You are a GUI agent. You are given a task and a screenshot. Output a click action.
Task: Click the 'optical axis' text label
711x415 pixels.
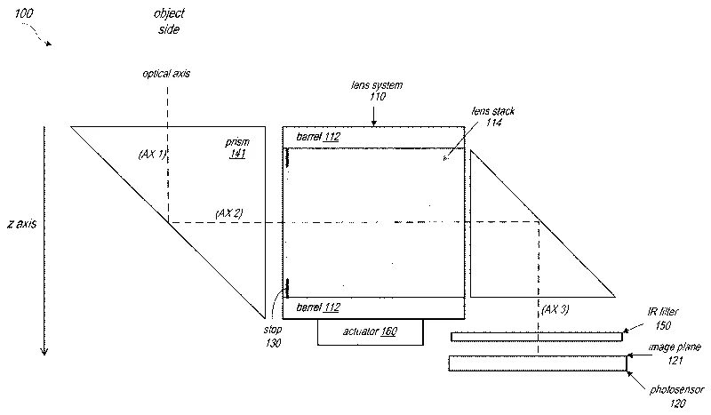pos(166,74)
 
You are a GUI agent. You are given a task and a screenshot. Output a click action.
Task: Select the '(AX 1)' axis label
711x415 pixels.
pos(153,154)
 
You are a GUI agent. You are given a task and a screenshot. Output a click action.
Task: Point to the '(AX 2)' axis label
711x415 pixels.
pos(229,213)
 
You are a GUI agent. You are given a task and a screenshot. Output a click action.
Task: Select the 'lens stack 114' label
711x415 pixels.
pos(494,118)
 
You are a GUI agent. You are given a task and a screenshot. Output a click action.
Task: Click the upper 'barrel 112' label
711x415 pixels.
pos(317,137)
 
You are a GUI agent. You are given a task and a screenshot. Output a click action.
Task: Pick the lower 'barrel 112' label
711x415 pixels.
pos(317,307)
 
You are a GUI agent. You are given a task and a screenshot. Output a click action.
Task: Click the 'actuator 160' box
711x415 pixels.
pos(370,331)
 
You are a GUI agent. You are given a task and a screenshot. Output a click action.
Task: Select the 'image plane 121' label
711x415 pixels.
pos(664,354)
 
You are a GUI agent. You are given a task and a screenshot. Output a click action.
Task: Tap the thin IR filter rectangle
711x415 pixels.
pos(537,337)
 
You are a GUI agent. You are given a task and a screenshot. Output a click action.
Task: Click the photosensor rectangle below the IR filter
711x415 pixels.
pos(537,363)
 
